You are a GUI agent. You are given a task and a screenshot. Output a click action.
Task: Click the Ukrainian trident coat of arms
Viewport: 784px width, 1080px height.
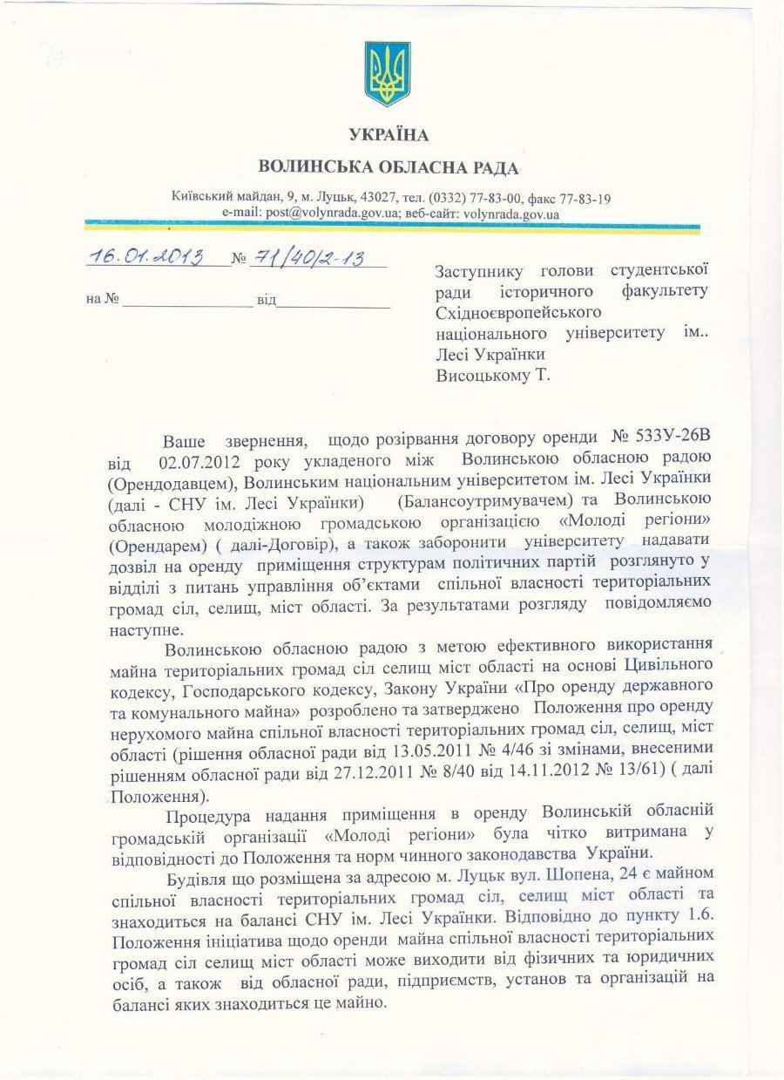388,74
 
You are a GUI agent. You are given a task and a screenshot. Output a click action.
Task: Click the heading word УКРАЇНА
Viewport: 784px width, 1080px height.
389,134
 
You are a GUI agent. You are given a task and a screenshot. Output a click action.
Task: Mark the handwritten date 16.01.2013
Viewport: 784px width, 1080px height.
145,257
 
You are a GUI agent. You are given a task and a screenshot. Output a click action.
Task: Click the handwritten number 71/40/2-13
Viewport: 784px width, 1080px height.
307,258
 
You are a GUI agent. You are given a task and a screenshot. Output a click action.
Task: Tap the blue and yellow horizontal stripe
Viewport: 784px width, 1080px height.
392,227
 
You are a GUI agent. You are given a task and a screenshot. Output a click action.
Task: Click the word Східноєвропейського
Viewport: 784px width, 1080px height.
518,311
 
